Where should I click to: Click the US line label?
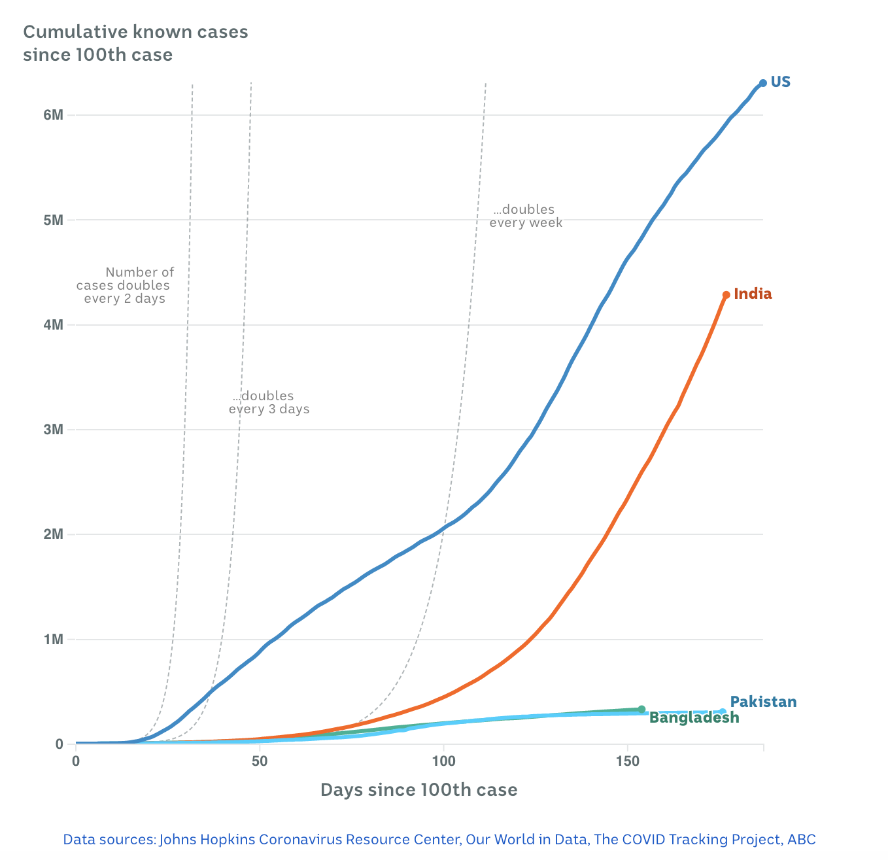click(780, 82)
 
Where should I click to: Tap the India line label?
click(753, 294)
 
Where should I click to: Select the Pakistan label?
click(763, 702)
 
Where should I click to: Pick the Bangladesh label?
click(694, 718)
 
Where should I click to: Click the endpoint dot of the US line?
click(762, 83)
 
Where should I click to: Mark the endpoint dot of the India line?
click(726, 295)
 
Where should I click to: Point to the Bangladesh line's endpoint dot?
click(641, 709)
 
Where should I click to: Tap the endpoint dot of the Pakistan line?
click(722, 712)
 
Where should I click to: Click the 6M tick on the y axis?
click(54, 115)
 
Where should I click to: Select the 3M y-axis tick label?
click(54, 430)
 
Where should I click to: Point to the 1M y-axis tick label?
click(54, 639)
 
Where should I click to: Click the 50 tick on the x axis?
click(260, 761)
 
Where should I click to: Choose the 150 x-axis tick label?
click(628, 761)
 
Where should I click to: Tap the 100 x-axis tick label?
click(443, 761)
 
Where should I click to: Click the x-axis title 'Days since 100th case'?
click(418, 790)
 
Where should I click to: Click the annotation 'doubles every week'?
click(525, 216)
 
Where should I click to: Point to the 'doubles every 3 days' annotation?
click(268, 402)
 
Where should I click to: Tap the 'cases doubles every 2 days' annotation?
click(124, 285)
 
